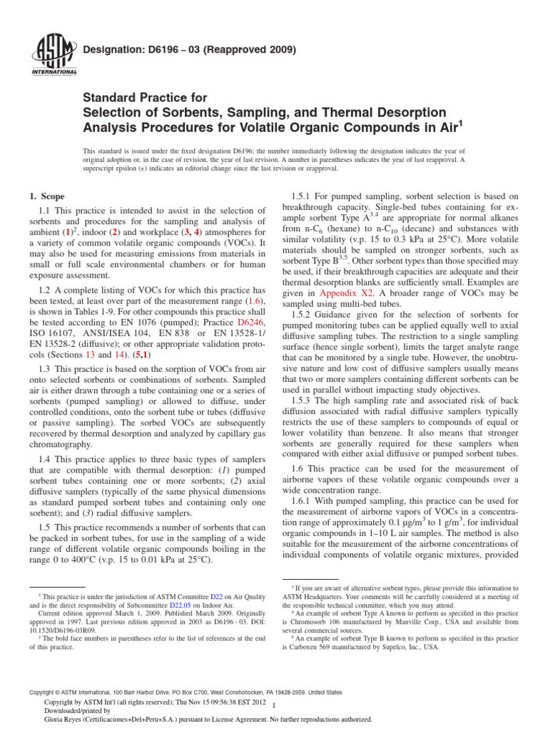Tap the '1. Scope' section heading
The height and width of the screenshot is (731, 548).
(x=46, y=196)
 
